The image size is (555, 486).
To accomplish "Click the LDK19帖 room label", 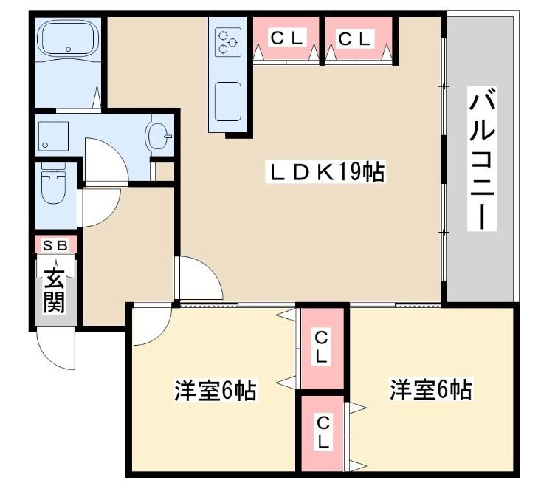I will pyautogui.click(x=325, y=172).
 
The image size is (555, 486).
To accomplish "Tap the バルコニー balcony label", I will pyautogui.click(x=482, y=158).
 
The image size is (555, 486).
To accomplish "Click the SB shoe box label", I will pyautogui.click(x=54, y=244).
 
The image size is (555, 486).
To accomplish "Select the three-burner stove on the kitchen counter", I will pyautogui.click(x=227, y=42).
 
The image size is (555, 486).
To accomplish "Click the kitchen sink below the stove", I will pyautogui.click(x=227, y=100).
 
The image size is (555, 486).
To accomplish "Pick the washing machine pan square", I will pyautogui.click(x=53, y=136).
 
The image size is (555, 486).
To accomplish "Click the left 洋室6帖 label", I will pyautogui.click(x=215, y=390).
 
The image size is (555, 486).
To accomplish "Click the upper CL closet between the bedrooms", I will pyautogui.click(x=322, y=346).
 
